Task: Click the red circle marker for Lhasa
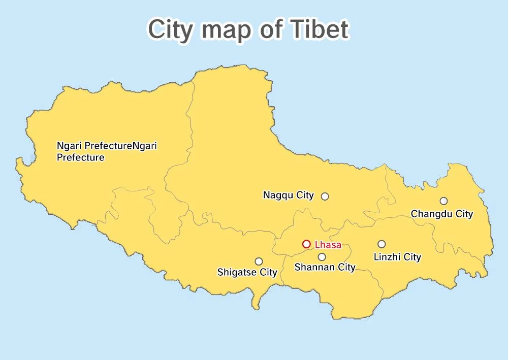pyautogui.click(x=306, y=244)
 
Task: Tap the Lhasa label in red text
pyautogui.click(x=328, y=245)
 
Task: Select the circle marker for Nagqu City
pyautogui.click(x=325, y=196)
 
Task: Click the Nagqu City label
pyautogui.click(x=289, y=195)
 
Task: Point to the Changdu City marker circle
pyautogui.click(x=443, y=201)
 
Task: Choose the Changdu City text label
pyautogui.click(x=442, y=214)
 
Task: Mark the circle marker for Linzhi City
pyautogui.click(x=382, y=244)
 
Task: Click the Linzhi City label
pyautogui.click(x=397, y=257)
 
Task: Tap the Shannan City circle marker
pyautogui.click(x=322, y=256)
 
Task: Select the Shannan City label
pyautogui.click(x=325, y=267)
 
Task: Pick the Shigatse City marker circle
pyautogui.click(x=259, y=261)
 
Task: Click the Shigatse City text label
pyautogui.click(x=247, y=272)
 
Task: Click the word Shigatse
pyautogui.click(x=237, y=272)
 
